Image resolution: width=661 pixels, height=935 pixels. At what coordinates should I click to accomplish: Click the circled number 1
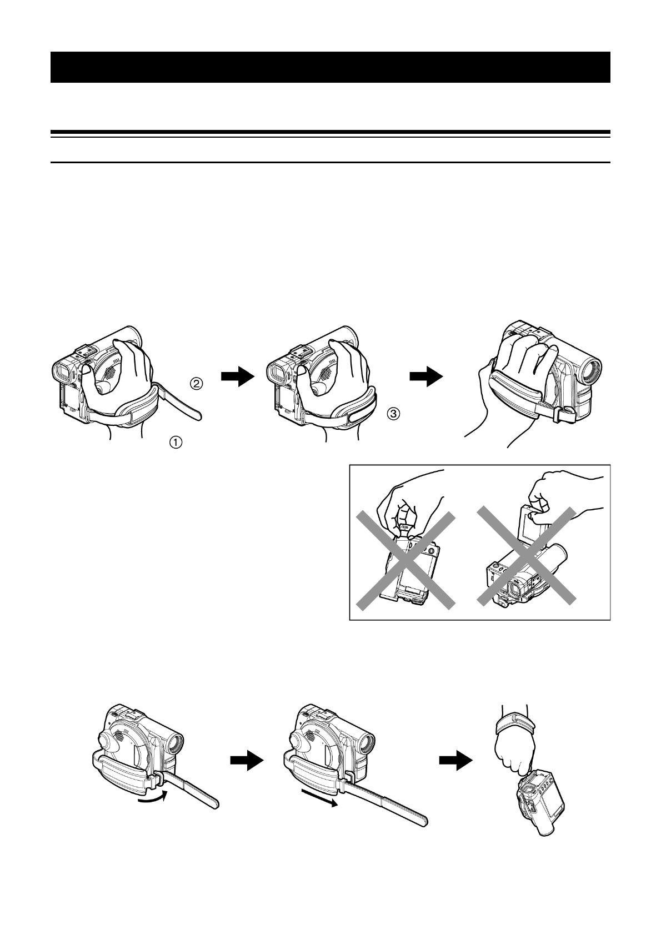(x=175, y=442)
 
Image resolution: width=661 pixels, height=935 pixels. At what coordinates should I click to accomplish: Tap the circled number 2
(x=198, y=383)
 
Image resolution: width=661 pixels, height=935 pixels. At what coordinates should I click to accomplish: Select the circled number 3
(x=393, y=414)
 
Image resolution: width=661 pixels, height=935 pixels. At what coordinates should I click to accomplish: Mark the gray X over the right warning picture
(x=526, y=555)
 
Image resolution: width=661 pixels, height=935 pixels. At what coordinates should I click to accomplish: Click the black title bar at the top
(x=330, y=67)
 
